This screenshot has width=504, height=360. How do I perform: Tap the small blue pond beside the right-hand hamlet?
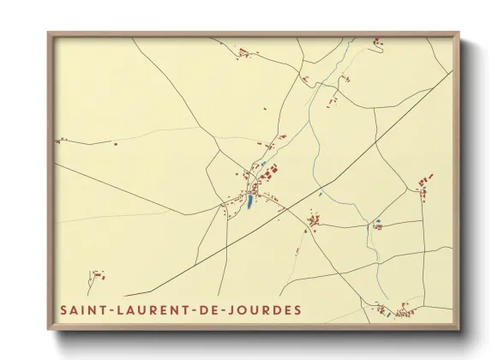point(376,226)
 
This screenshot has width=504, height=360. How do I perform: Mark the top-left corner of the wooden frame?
point(49,33)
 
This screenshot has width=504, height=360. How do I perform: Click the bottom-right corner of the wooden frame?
point(459,329)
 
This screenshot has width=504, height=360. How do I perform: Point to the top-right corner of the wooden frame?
point(459,33)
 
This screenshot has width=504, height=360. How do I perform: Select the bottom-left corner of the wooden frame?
point(49,329)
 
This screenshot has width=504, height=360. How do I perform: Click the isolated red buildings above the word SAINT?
point(97,276)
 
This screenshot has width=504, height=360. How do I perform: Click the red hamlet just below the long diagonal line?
point(314,223)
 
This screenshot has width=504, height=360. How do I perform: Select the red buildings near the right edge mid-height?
point(423,183)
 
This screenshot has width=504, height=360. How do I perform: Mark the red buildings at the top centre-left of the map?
point(244,53)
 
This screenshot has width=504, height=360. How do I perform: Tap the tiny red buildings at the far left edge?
point(60,140)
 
